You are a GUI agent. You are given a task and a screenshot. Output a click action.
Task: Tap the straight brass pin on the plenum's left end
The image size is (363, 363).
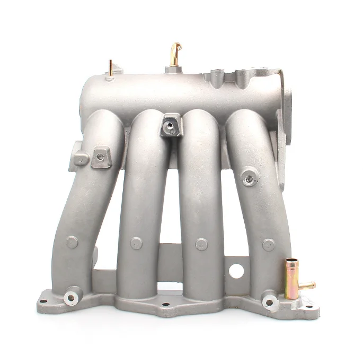click(x=110, y=68)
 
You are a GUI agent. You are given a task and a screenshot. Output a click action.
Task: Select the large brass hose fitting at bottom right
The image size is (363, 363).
click(x=291, y=278)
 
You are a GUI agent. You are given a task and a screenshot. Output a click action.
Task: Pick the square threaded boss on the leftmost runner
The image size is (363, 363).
click(x=101, y=157)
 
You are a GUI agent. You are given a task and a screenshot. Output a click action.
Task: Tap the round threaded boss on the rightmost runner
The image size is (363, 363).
click(x=249, y=177)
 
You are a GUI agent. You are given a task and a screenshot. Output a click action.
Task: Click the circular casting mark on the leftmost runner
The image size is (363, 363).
click(x=73, y=242)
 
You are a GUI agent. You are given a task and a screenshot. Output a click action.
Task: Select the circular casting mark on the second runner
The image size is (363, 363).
click(x=136, y=243)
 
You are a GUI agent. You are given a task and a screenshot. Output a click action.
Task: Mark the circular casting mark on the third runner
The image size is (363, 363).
click(x=201, y=244)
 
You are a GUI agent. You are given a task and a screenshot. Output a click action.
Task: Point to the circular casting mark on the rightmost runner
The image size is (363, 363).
click(x=269, y=245)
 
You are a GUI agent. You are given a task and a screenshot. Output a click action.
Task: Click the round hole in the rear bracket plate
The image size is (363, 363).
click(x=237, y=271)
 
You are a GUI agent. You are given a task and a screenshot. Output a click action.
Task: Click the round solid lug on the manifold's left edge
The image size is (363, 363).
click(x=78, y=159)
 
